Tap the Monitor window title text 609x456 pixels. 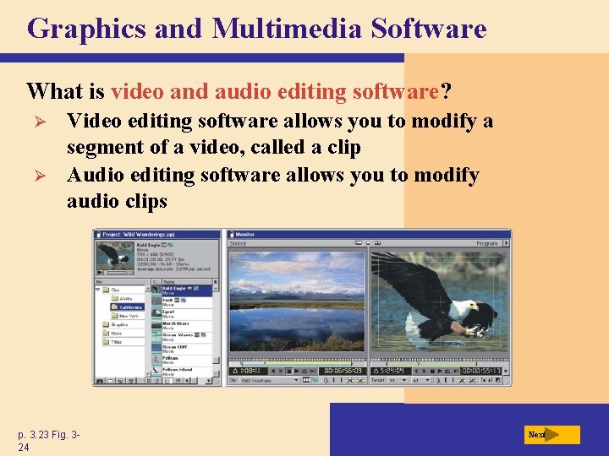click(x=246, y=235)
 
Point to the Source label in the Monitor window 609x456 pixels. click(x=238, y=243)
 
